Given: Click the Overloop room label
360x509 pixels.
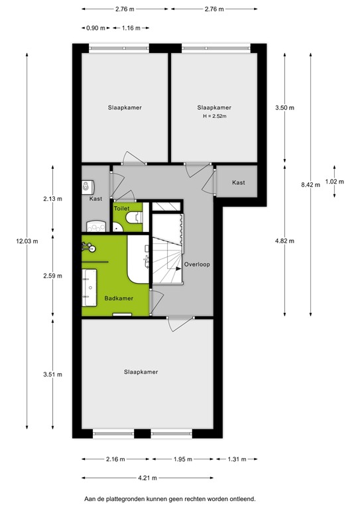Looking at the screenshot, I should pos(197,264).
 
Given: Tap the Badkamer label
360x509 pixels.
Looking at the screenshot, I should pos(119,298).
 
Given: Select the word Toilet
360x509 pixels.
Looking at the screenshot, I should pos(121,208).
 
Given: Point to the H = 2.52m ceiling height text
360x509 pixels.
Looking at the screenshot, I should pos(214,117).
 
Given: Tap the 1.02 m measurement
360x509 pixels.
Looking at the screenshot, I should pos(335,182).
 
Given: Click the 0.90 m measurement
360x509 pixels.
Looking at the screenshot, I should pos(95,28).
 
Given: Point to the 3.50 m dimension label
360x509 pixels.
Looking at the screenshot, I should pos(285,108).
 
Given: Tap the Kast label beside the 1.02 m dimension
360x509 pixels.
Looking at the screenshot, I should pos(239,182).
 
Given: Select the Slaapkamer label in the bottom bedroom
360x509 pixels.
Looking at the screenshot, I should pos(141,372).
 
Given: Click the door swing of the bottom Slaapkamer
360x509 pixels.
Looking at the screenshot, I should pos(179,325).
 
